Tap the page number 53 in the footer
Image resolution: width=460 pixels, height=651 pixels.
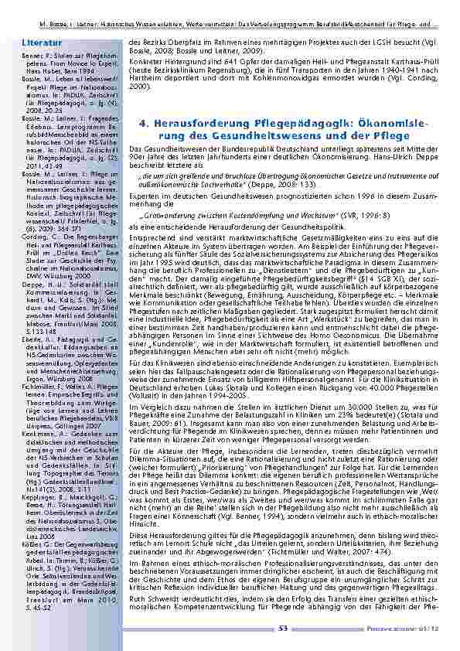pos(282,629)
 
